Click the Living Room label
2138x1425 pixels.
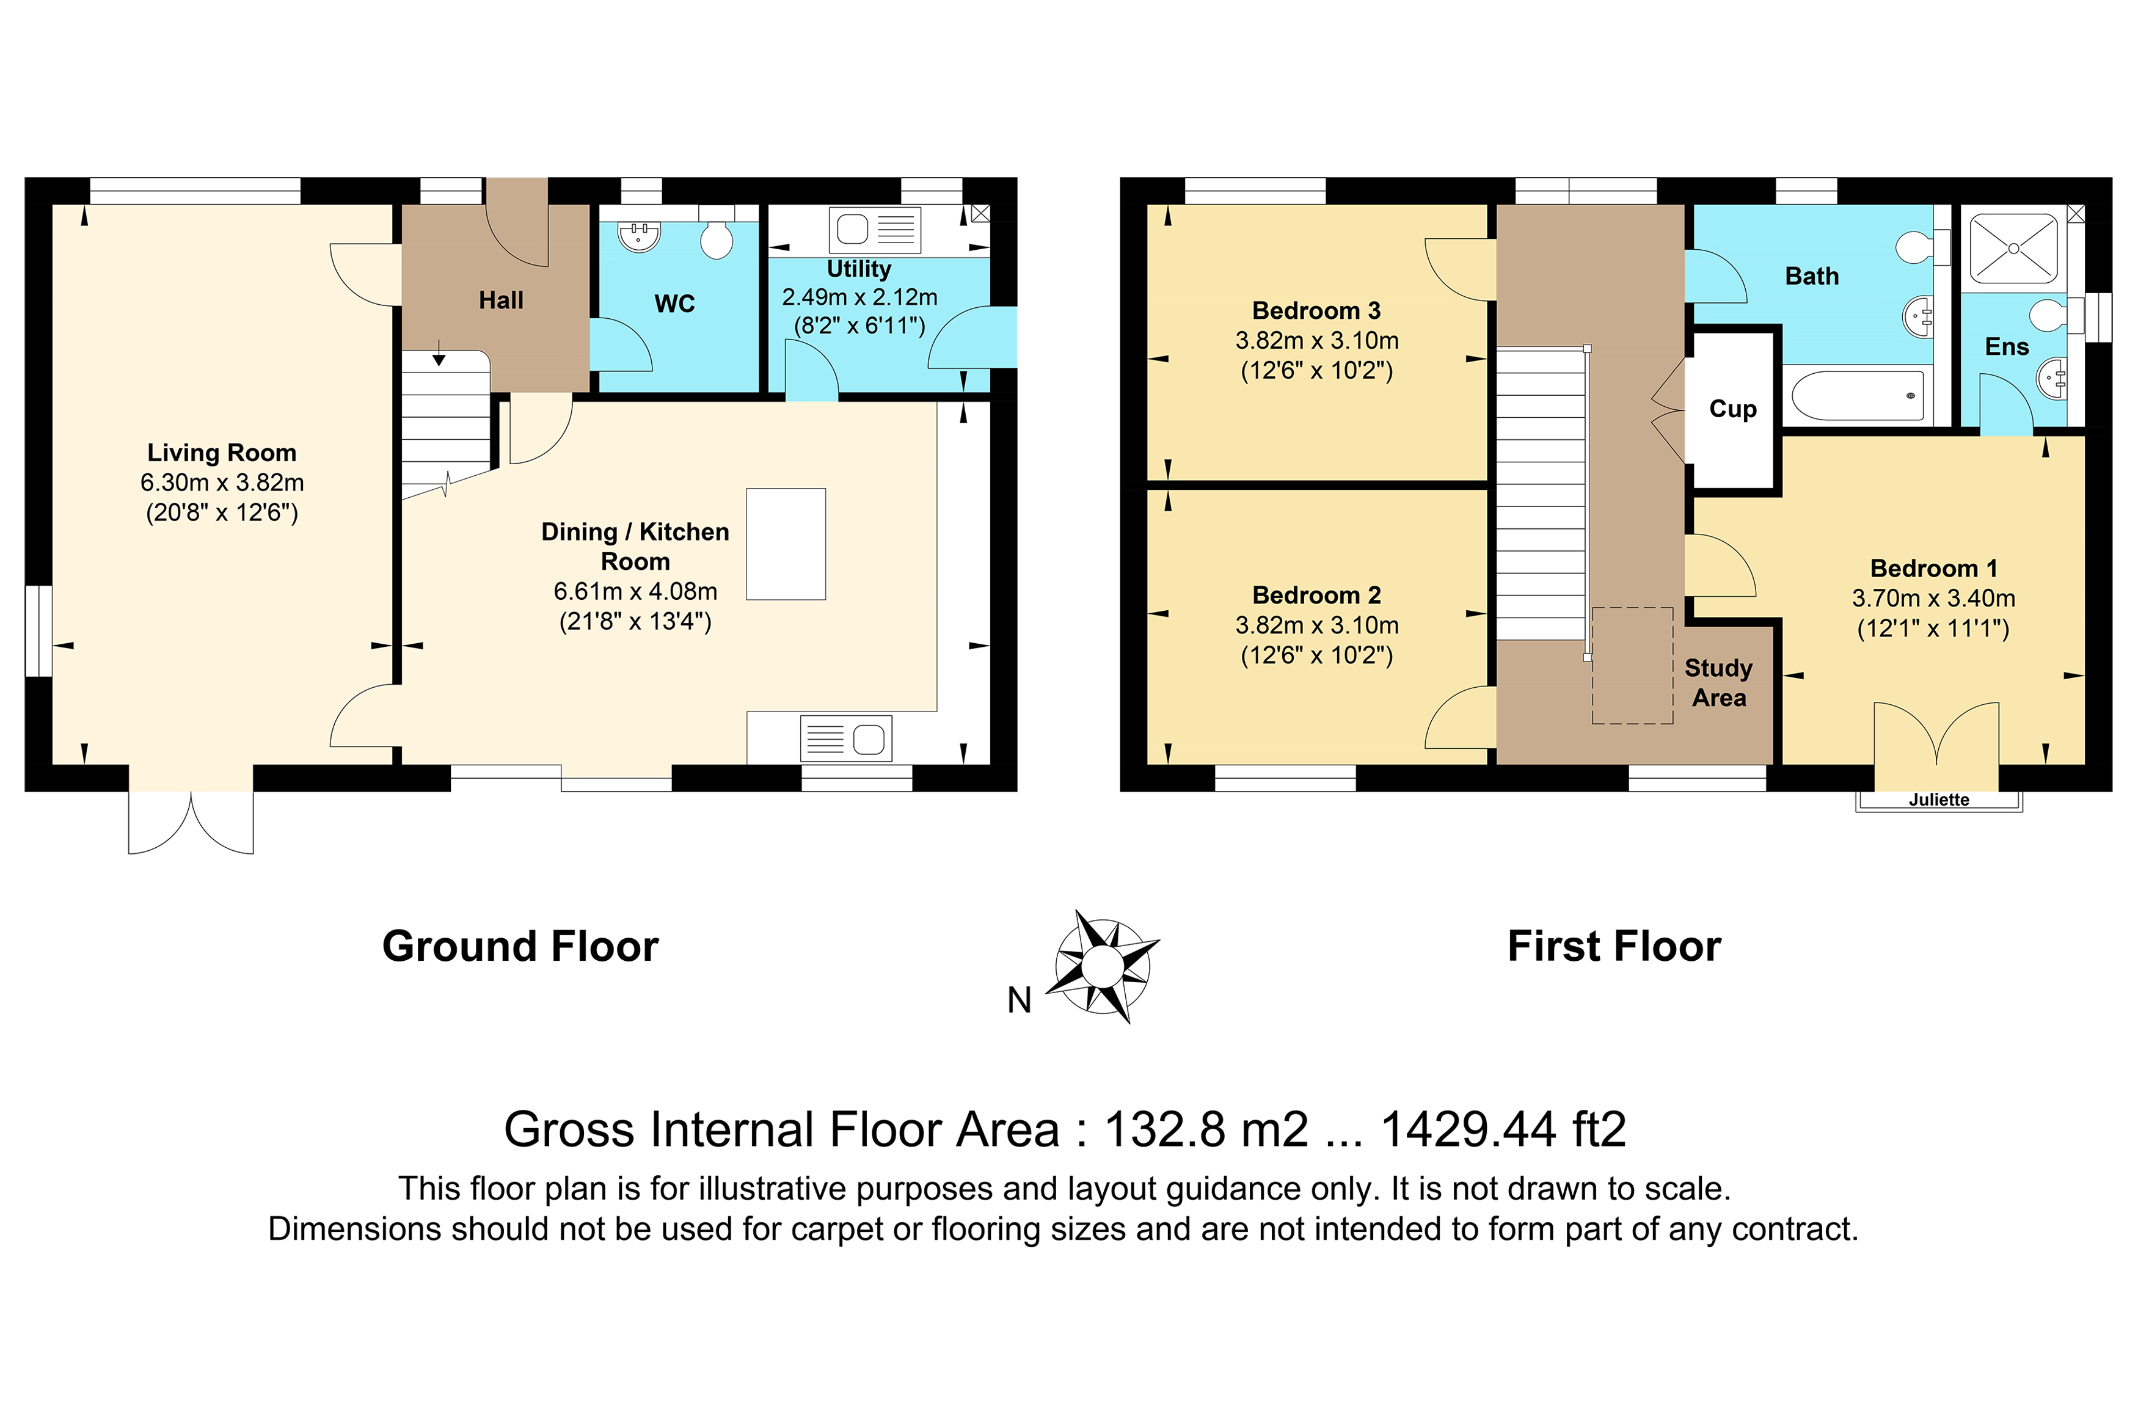[222, 453]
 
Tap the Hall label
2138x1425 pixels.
[501, 300]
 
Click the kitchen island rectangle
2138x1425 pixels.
[786, 544]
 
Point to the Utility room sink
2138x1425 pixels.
[875, 230]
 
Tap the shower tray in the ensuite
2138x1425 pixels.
[2013, 248]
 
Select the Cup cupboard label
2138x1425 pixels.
[1733, 409]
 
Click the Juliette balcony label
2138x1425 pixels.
[1939, 800]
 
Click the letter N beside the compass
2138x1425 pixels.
[1020, 1000]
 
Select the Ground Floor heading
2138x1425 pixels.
[520, 946]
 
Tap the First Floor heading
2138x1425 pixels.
[1614, 946]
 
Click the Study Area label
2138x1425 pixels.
[1718, 682]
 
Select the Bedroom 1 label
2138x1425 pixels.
[1933, 568]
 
